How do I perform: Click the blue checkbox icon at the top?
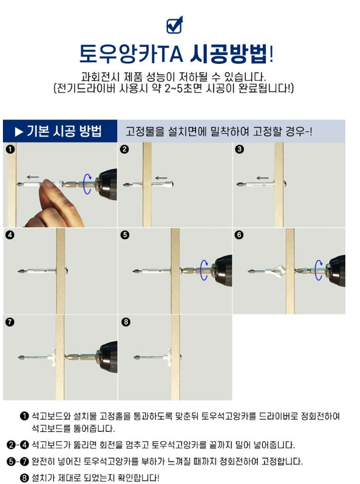click(x=174, y=25)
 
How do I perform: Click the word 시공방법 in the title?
click(x=228, y=54)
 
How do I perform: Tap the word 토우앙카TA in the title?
click(x=131, y=54)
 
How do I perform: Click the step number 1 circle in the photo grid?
click(x=10, y=149)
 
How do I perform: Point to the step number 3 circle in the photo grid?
click(x=239, y=149)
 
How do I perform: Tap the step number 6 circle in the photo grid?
click(x=239, y=235)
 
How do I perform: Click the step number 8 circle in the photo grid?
click(x=125, y=322)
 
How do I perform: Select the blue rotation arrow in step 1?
click(x=87, y=183)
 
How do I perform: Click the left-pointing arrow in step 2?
click(x=161, y=178)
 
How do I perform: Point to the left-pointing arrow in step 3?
click(x=262, y=178)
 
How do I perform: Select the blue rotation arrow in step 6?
click(x=318, y=270)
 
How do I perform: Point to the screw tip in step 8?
click(x=136, y=357)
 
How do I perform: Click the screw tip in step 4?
click(x=20, y=271)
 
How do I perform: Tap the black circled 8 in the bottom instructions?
click(x=24, y=478)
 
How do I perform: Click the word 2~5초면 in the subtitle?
click(x=183, y=88)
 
